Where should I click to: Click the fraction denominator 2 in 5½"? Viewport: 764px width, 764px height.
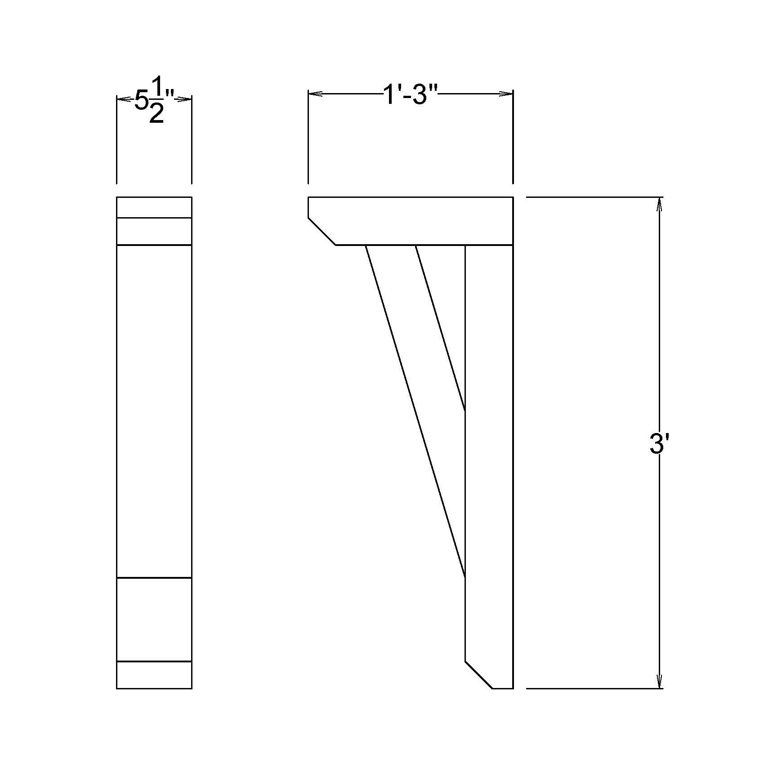click(x=156, y=114)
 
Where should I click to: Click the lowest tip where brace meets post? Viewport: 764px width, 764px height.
click(x=465, y=576)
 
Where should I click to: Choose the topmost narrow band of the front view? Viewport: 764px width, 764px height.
click(x=154, y=207)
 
